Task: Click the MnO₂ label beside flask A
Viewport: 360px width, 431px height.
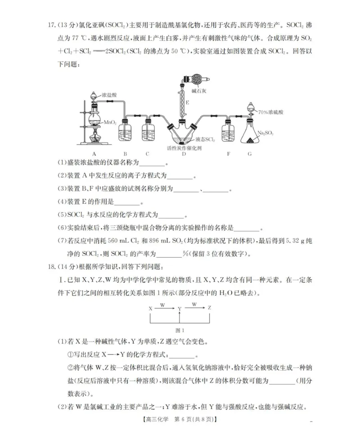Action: [111, 122]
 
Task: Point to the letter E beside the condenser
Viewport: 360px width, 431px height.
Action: [187, 103]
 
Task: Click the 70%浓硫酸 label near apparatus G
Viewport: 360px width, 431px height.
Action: [269, 111]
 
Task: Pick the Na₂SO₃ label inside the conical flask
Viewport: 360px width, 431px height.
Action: [265, 133]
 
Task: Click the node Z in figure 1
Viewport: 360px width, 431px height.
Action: [210, 308]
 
